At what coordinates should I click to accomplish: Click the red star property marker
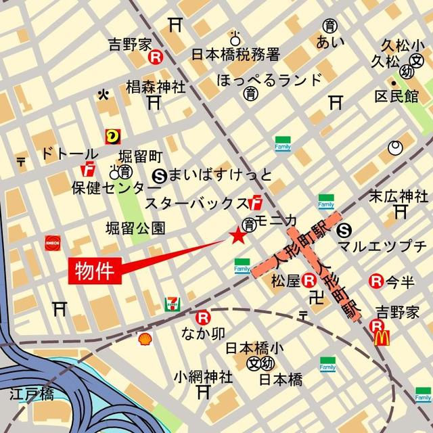[x=237, y=236]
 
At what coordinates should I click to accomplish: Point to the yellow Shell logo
[x=144, y=339]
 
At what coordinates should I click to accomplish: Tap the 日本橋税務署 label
[x=235, y=54]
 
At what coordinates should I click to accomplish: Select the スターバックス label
[x=196, y=202]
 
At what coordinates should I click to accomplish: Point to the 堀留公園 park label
[x=135, y=229]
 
